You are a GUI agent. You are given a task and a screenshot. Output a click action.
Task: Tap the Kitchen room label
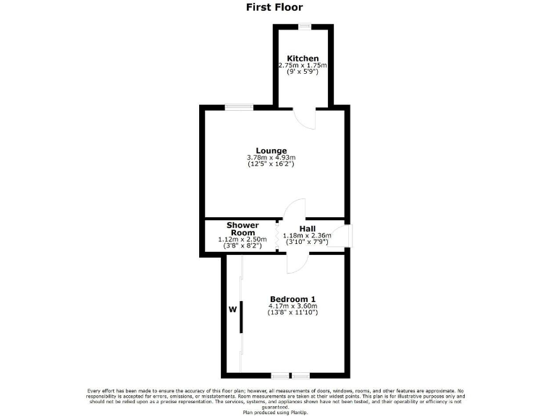303,59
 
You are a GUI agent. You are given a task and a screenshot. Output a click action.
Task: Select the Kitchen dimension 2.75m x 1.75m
303,66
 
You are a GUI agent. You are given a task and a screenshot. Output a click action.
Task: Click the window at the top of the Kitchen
306,26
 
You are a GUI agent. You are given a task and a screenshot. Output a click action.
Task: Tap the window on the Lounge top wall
238,108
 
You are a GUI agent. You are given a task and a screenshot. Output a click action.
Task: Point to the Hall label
317,227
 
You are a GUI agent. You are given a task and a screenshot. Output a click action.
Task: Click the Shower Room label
243,229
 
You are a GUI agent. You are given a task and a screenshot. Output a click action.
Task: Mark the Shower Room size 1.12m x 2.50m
243,240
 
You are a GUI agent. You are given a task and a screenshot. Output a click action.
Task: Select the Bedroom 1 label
292,299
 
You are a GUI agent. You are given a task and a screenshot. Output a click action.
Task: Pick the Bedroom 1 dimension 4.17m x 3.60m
292,306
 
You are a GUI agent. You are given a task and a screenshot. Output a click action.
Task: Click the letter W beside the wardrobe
232,310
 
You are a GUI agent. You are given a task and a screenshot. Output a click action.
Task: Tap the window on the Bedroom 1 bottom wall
290,375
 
